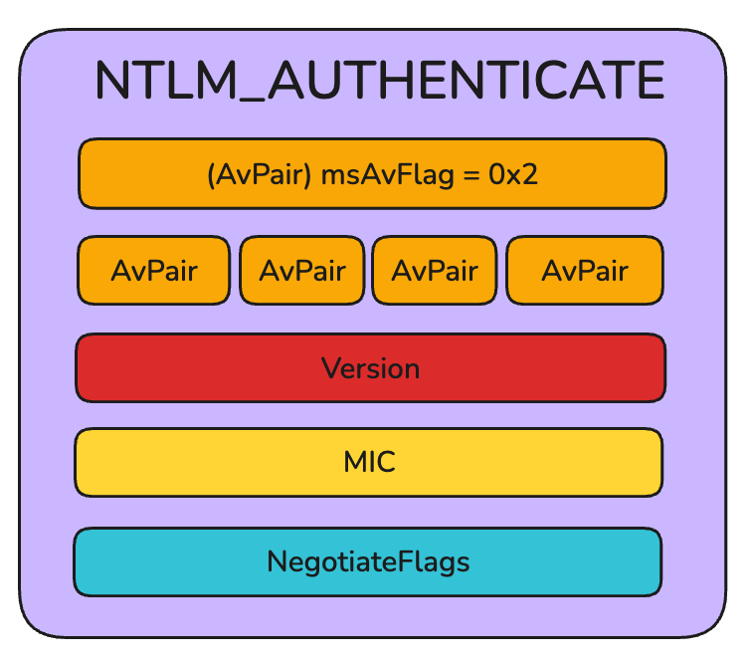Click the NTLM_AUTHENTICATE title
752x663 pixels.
tap(379, 82)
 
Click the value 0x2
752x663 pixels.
tap(512, 175)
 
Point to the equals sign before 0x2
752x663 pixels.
tap(470, 176)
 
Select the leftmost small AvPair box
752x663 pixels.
tap(153, 271)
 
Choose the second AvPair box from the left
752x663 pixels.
tap(301, 271)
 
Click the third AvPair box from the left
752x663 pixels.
tap(435, 271)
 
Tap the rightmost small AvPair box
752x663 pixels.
tap(584, 271)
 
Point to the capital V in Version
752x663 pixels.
tap(330, 368)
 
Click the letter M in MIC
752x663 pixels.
tap(353, 463)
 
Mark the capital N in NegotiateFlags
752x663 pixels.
tap(277, 561)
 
